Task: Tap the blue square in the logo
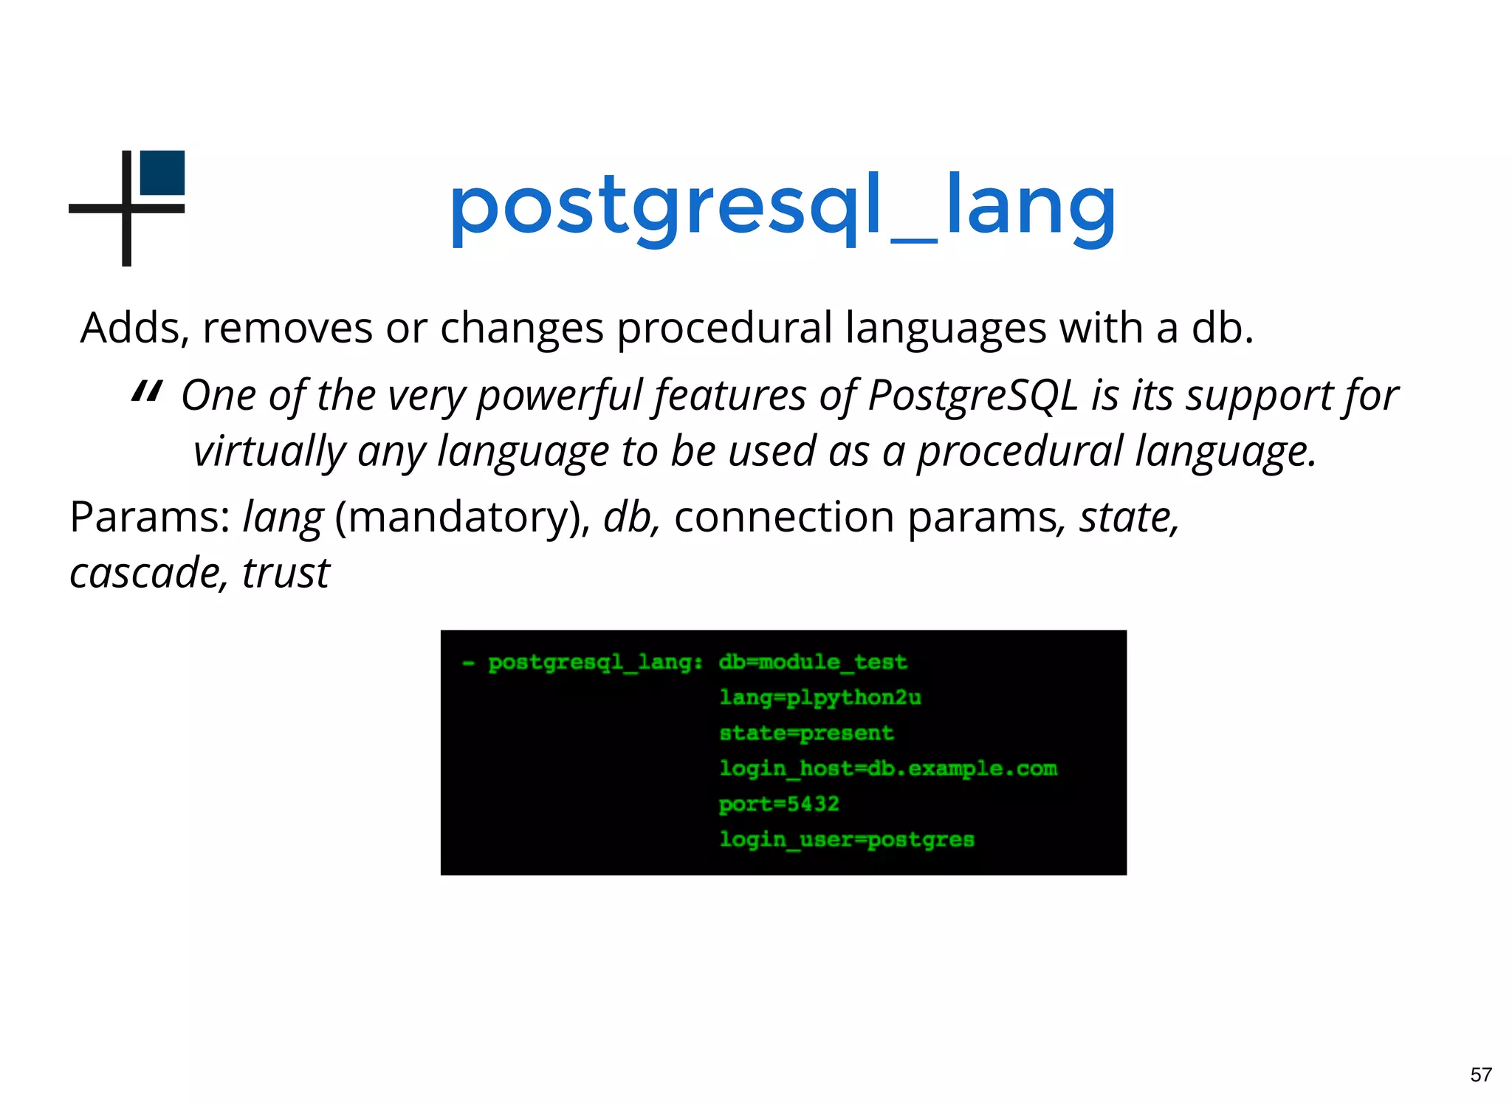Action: click(x=162, y=173)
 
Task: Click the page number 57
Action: click(x=1480, y=1074)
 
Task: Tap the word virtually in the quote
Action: click(x=269, y=451)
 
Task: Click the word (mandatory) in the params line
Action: click(x=462, y=517)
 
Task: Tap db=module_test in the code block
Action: click(x=813, y=662)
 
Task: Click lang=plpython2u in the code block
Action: click(x=820, y=697)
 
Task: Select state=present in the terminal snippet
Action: click(x=806, y=732)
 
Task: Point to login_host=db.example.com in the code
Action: click(x=888, y=768)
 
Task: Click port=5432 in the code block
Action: click(x=779, y=803)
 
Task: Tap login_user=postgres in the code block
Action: click(x=847, y=839)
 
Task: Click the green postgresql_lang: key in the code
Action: click(x=595, y=662)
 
